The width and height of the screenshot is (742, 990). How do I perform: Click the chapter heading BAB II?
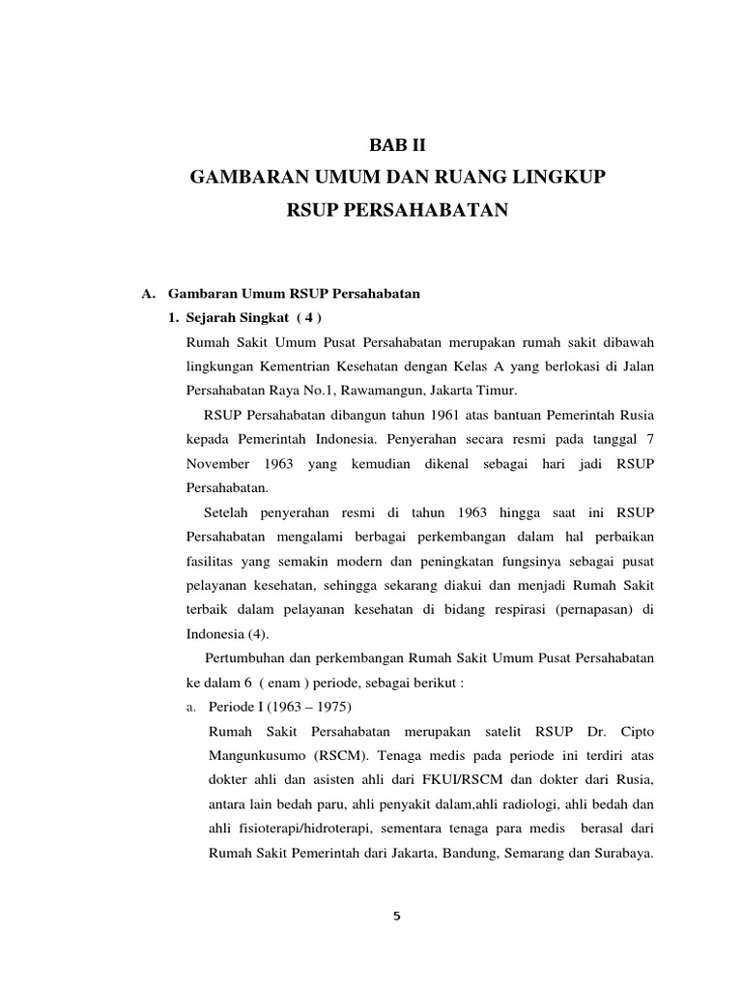397,146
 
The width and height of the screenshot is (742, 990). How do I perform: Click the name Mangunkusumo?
257,754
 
